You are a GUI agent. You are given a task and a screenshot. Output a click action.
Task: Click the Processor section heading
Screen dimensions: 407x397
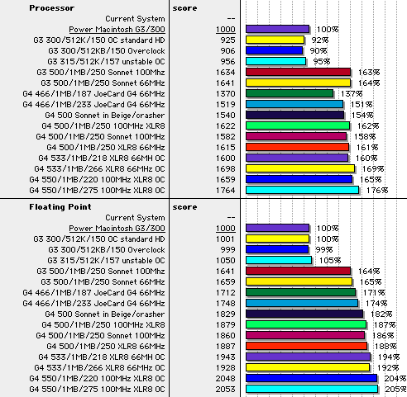(52, 8)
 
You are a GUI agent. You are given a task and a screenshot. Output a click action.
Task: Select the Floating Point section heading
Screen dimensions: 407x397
(60, 207)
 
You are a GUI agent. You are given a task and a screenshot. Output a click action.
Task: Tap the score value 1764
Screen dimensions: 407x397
(226, 191)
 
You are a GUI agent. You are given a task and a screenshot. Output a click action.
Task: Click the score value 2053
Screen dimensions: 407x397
(226, 390)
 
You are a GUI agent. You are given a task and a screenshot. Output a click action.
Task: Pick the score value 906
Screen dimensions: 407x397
(227, 51)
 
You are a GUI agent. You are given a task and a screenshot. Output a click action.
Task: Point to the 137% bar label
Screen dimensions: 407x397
(352, 94)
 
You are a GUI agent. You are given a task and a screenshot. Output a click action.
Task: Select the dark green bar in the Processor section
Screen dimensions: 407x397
(290, 93)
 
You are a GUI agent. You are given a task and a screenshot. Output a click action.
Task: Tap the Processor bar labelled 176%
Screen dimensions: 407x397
(303, 190)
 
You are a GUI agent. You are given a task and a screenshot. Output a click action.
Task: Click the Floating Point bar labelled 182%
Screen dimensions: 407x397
(304, 314)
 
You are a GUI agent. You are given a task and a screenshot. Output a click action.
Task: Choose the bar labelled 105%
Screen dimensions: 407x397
(279, 260)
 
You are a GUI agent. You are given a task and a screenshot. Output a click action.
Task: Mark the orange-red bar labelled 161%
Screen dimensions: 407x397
(298, 147)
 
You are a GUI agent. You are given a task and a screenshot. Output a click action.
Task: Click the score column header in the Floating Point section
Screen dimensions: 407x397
(184, 207)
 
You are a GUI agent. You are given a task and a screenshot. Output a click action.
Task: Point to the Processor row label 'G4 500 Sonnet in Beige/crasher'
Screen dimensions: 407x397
(105, 116)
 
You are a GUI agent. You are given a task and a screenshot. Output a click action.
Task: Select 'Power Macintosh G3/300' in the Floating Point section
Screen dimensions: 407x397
(117, 229)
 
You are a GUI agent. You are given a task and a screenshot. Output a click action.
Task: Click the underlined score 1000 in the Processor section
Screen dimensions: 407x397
(226, 30)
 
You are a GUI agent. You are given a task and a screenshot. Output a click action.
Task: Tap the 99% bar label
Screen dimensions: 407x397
(324, 249)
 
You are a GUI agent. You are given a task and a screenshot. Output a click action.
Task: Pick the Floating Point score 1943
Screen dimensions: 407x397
(226, 357)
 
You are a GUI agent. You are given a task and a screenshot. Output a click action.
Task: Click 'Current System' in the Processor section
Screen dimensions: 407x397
(135, 19)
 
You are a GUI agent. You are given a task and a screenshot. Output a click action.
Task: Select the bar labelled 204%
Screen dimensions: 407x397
(312, 378)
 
